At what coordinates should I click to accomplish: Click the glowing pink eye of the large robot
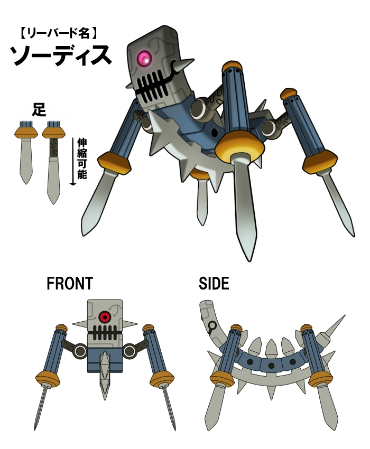(x=144, y=59)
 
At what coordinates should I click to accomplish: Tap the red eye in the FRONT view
(x=105, y=317)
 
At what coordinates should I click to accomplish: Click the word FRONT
(x=69, y=284)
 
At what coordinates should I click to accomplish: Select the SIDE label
(x=214, y=284)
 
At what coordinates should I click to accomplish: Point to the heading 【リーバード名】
(x=58, y=34)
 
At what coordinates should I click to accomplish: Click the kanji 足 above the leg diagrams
(x=39, y=110)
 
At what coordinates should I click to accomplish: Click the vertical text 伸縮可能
(x=82, y=158)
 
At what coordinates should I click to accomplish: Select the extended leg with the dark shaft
(x=53, y=161)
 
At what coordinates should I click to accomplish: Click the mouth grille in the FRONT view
(x=105, y=333)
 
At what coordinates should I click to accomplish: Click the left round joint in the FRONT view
(x=80, y=351)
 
